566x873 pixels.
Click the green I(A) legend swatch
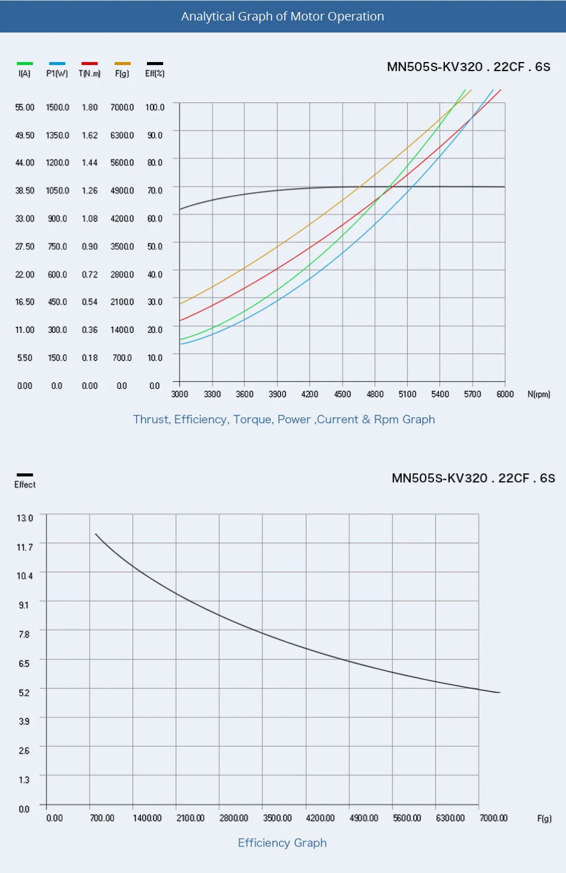(25, 63)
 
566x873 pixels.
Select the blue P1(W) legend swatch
(57, 63)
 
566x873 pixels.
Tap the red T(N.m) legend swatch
(89, 63)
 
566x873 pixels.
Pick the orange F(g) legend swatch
(122, 63)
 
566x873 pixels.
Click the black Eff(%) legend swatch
(155, 63)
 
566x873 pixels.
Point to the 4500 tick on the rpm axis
(342, 394)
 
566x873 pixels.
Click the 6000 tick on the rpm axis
(505, 394)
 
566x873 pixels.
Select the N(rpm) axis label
(539, 394)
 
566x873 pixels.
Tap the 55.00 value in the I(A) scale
(25, 107)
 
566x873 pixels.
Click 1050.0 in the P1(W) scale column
(57, 191)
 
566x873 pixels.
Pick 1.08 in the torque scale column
(90, 219)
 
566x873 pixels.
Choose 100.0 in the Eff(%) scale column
(155, 107)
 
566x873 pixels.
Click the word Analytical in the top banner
(207, 16)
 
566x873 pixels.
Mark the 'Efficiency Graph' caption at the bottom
(282, 843)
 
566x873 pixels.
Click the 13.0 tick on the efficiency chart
(25, 518)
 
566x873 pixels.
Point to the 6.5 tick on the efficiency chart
(24, 663)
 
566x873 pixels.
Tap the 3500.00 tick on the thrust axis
(277, 818)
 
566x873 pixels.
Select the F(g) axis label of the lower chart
(544, 819)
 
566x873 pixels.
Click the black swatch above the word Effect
(25, 475)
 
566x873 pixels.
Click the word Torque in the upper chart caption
(253, 420)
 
